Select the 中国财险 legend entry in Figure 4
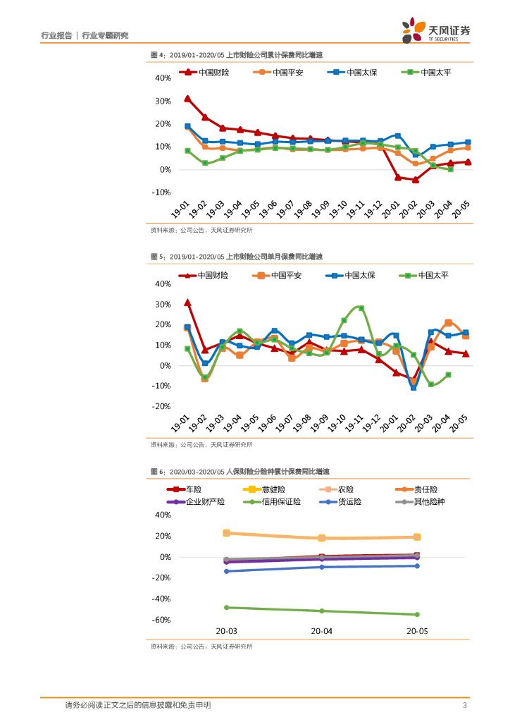[x=204, y=72]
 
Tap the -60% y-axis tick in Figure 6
[x=162, y=620]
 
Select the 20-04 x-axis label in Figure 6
[x=321, y=632]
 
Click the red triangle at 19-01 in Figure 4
[x=187, y=99]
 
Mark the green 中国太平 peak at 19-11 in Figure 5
[x=361, y=308]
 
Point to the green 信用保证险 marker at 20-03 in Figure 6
[x=226, y=607]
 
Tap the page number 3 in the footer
[x=465, y=705]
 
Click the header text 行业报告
[x=56, y=35]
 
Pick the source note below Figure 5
[x=201, y=445]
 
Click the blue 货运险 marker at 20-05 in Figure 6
[x=417, y=565]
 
